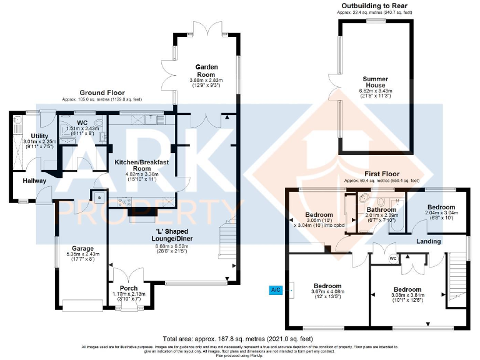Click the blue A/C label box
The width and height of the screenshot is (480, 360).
pos(276,289)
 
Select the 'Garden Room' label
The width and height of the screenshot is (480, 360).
pos(206,67)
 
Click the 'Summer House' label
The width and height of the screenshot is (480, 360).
pos(376,82)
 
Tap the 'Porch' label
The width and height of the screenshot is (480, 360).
pos(128,288)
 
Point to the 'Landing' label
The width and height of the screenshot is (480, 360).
pos(429,241)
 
